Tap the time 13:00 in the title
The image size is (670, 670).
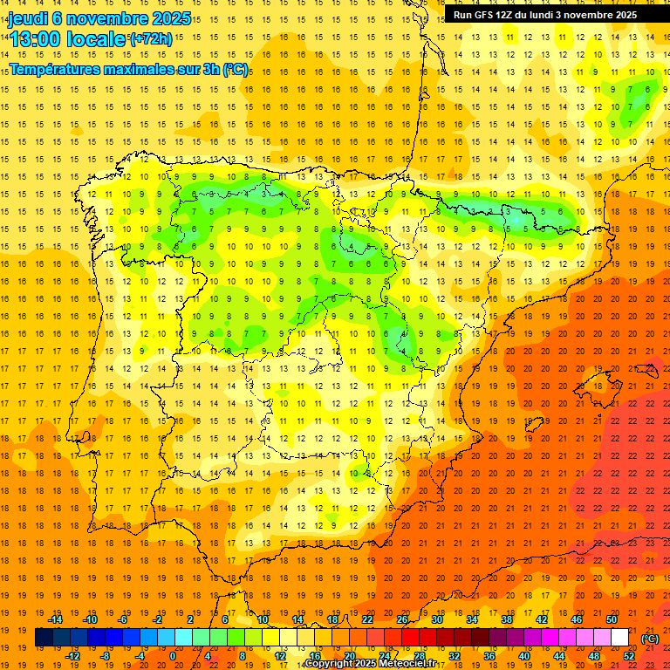point(38,39)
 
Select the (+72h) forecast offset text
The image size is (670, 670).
point(151,39)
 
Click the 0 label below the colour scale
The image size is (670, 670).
point(173,656)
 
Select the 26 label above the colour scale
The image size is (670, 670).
point(401,619)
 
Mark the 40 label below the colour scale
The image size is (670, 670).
point(523,656)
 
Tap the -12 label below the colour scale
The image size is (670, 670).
point(72,656)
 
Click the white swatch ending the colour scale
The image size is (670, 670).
point(619,638)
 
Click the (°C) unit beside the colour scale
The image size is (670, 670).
point(649,639)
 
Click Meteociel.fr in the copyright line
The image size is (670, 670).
point(409,664)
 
